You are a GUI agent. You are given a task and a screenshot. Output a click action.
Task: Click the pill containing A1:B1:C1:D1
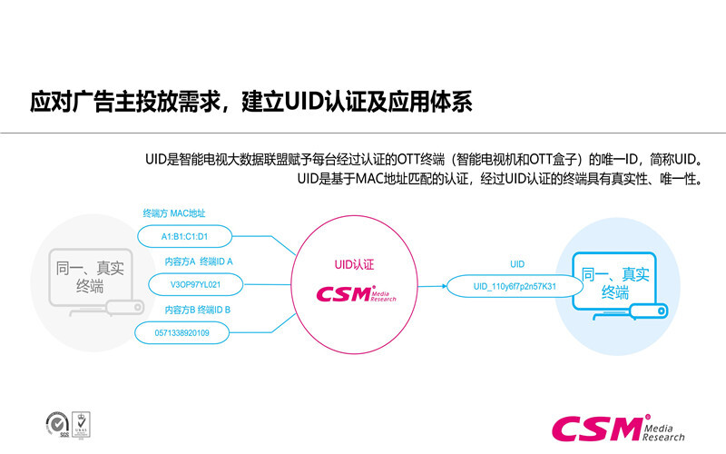pos(185,237)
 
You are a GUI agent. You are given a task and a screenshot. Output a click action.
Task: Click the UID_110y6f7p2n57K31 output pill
pos(515,286)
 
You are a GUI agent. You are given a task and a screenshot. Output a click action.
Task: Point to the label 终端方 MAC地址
pos(174,213)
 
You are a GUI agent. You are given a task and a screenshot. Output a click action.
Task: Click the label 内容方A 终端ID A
pos(199,262)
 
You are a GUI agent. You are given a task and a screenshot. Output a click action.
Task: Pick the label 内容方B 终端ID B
pos(199,310)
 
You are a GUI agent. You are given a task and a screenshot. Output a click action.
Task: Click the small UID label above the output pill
pos(517,263)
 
